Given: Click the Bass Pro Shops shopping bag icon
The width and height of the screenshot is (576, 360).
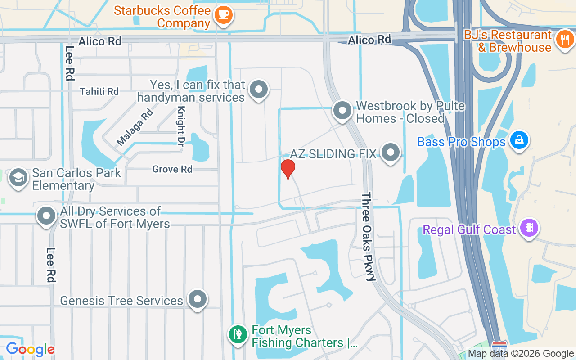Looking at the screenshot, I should point(519,140).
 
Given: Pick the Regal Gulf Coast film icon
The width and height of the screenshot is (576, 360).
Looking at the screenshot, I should point(529,228).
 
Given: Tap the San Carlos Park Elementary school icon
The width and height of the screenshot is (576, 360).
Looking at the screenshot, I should point(18,177).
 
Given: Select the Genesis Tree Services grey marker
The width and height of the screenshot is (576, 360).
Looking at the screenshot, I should point(197,299).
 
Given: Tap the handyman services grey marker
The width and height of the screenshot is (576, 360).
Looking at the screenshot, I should point(259,90).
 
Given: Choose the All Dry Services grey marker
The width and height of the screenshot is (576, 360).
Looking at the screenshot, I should point(47,216).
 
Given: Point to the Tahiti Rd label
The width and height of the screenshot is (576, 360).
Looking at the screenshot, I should point(99,91).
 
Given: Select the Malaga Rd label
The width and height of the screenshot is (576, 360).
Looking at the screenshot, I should point(135,127).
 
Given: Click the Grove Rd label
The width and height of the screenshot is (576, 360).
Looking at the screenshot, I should point(172,169).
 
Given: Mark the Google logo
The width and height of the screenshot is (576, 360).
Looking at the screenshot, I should point(30,349).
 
